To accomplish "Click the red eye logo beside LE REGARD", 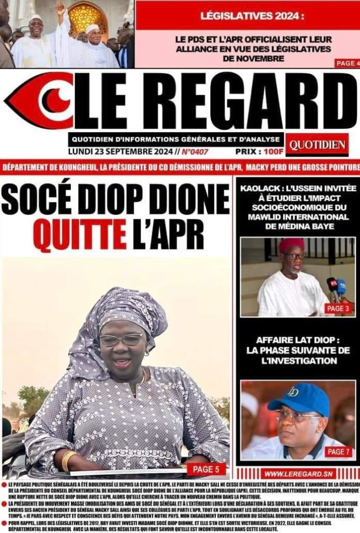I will click(x=40, y=100).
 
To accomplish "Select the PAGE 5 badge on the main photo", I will click(x=206, y=469).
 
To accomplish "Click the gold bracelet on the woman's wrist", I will click(x=69, y=460).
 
